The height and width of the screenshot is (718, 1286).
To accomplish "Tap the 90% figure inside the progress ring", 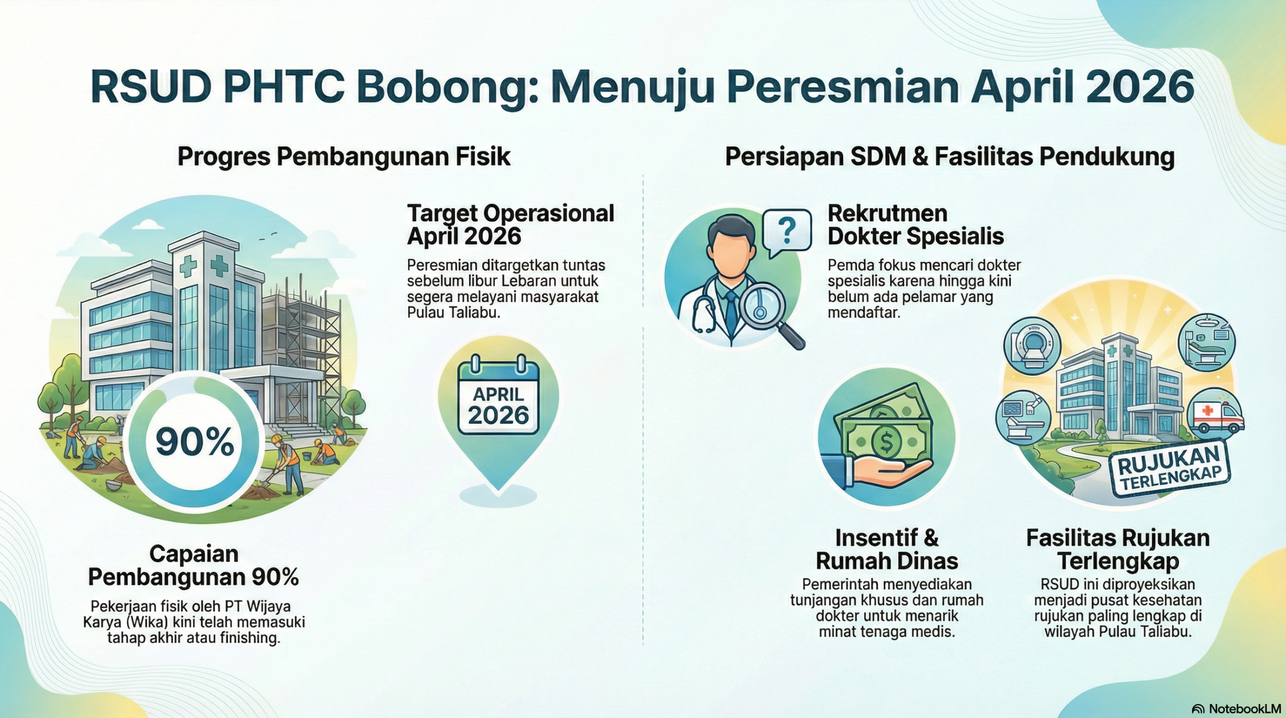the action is tap(195, 442).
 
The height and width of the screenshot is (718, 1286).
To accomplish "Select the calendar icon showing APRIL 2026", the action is tap(498, 395).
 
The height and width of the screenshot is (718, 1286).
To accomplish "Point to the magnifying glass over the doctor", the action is tap(769, 315).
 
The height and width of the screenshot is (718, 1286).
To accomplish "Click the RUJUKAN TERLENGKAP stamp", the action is tap(1169, 469).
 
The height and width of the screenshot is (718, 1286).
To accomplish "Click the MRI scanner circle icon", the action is tap(1032, 346).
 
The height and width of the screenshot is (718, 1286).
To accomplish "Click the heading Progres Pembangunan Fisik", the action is tap(344, 156).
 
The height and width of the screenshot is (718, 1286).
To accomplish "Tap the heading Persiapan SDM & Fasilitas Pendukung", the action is tap(949, 156).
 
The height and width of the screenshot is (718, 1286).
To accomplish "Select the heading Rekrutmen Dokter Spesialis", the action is tap(915, 225).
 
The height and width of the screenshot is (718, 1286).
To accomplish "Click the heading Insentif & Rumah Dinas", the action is tap(887, 550).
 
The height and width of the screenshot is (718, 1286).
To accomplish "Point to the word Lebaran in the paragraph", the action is tap(542, 280).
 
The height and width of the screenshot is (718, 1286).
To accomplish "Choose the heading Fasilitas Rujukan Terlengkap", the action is tap(1118, 550).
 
